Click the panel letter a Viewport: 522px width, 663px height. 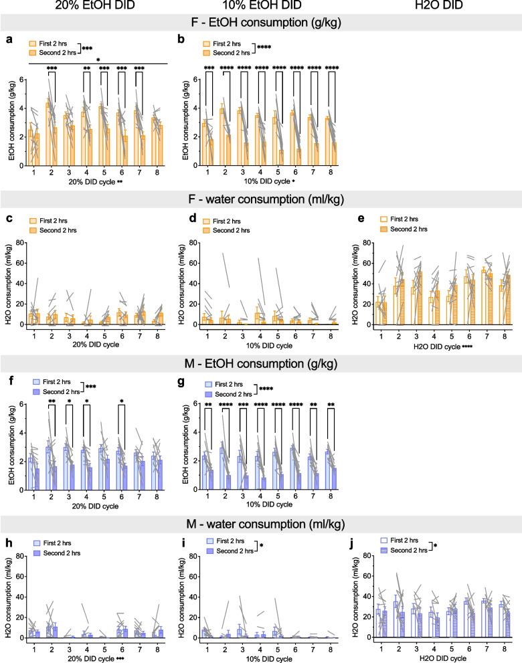[9, 39]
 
